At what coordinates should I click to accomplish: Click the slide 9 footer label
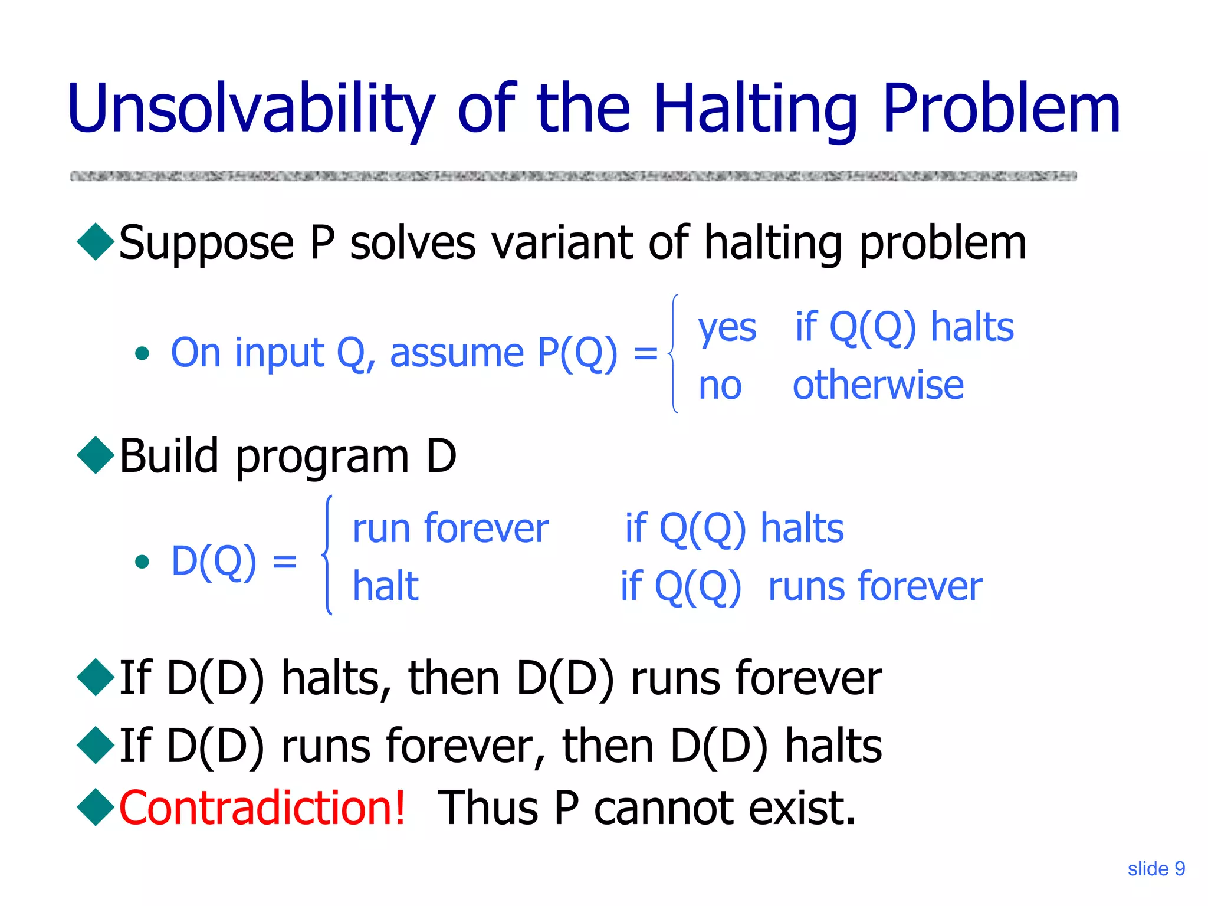[x=1156, y=868]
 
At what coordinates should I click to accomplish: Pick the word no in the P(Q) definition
[x=720, y=386]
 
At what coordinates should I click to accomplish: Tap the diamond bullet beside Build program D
[x=96, y=455]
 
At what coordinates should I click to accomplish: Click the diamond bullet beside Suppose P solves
[x=96, y=242]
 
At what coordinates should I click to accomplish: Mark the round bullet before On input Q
[x=142, y=354]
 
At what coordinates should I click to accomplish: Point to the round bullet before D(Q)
[x=142, y=561]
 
